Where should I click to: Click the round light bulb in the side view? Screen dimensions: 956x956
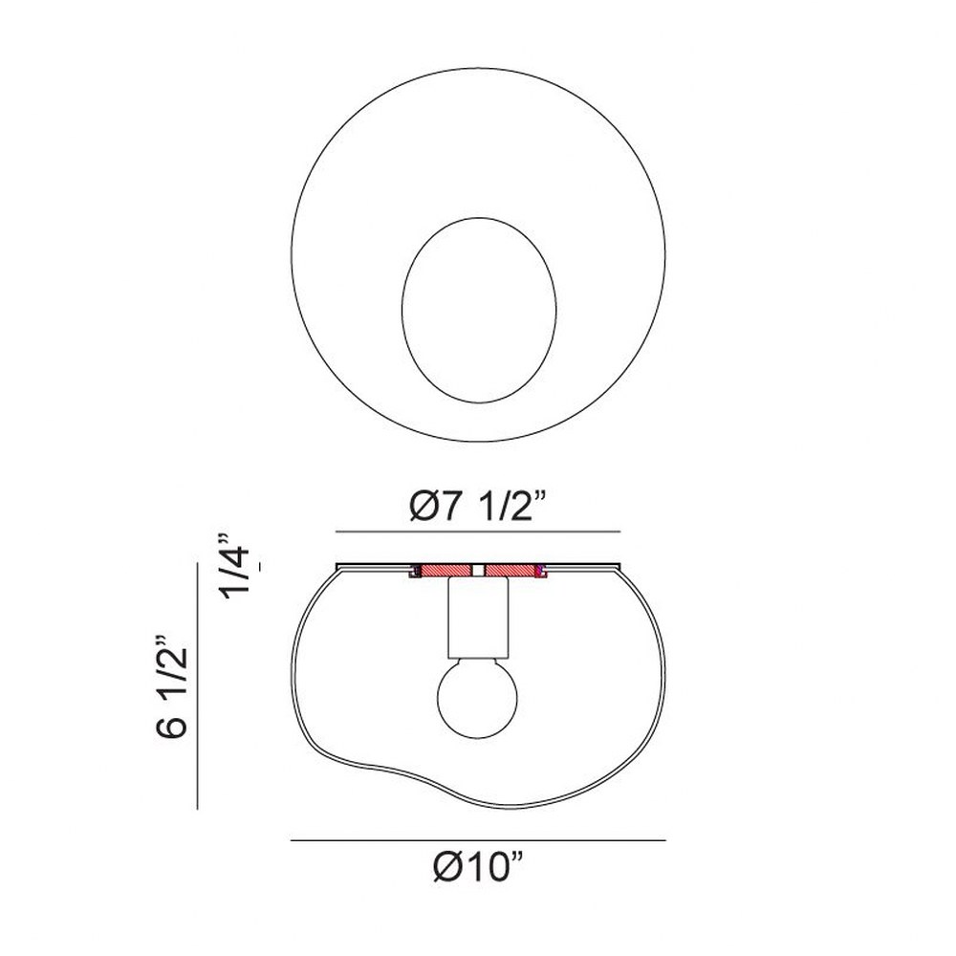pos(477,697)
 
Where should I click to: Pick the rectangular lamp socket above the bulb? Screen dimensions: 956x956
pos(477,618)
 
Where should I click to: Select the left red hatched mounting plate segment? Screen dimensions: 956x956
pos(446,570)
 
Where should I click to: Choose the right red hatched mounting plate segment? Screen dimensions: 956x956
pos(510,570)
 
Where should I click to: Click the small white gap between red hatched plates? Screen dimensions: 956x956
pos(479,570)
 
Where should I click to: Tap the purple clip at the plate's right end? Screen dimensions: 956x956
pos(539,571)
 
